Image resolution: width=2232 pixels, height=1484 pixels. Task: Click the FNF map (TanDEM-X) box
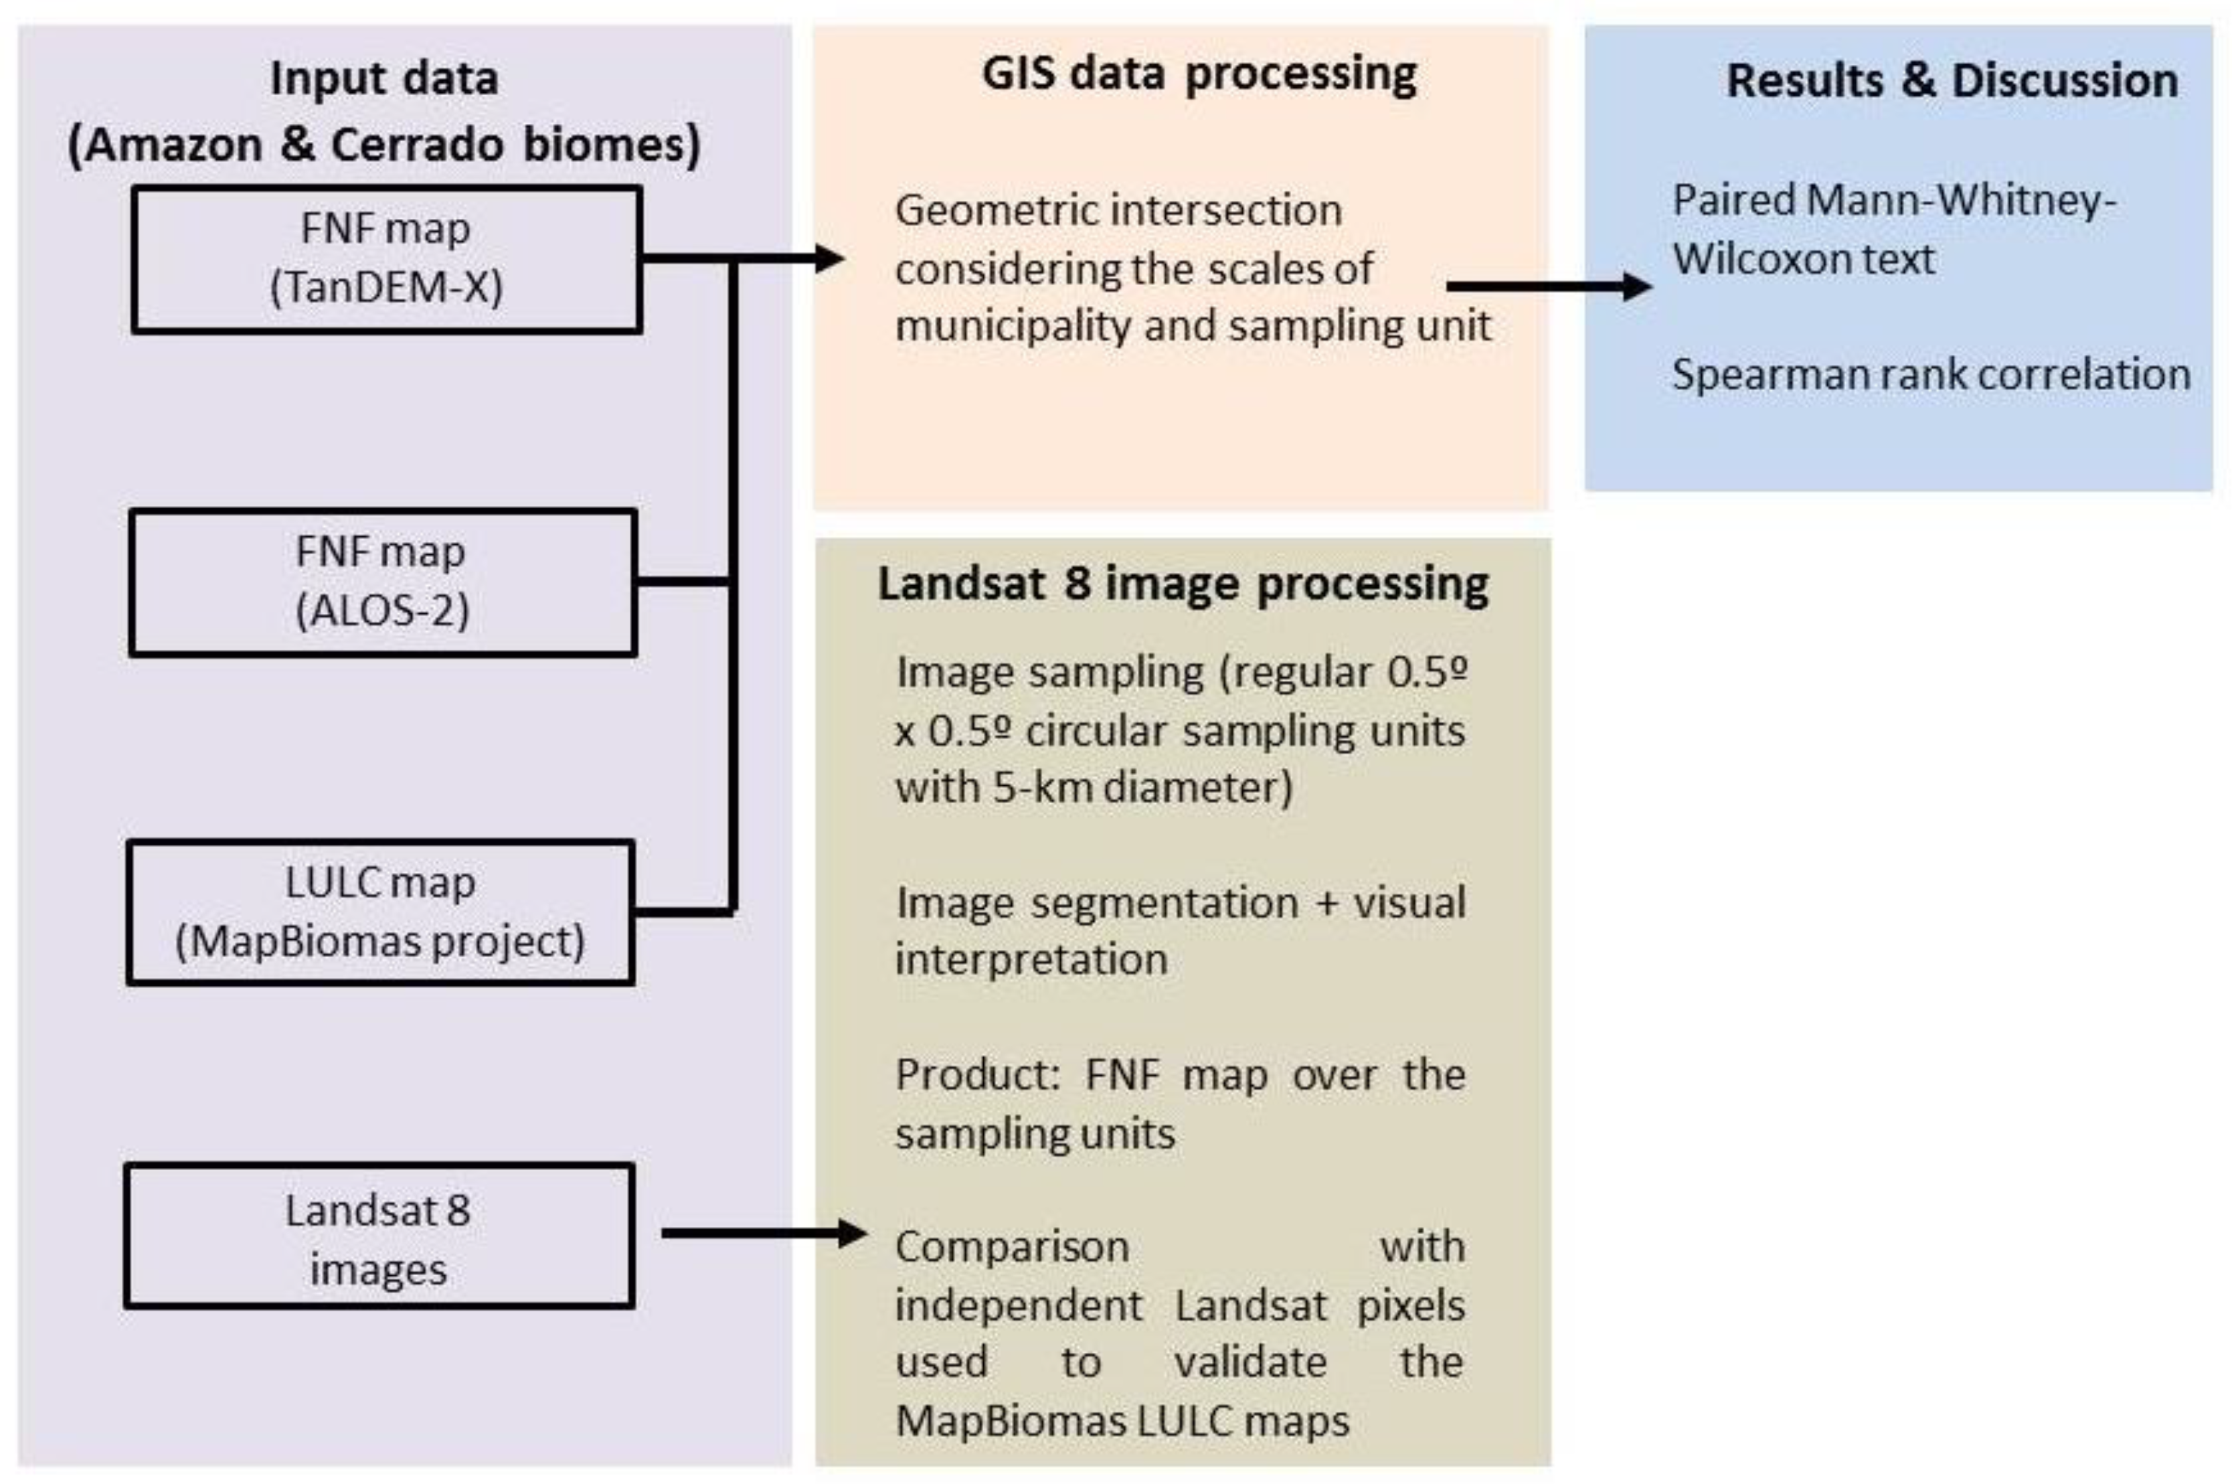coord(386,258)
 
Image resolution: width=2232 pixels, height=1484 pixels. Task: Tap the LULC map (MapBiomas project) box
coord(380,912)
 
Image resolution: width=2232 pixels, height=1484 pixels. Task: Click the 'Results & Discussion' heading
coord(1952,80)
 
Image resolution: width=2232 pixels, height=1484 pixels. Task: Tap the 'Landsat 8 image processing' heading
coord(1183,584)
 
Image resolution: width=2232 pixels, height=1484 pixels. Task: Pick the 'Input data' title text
coord(384,78)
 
